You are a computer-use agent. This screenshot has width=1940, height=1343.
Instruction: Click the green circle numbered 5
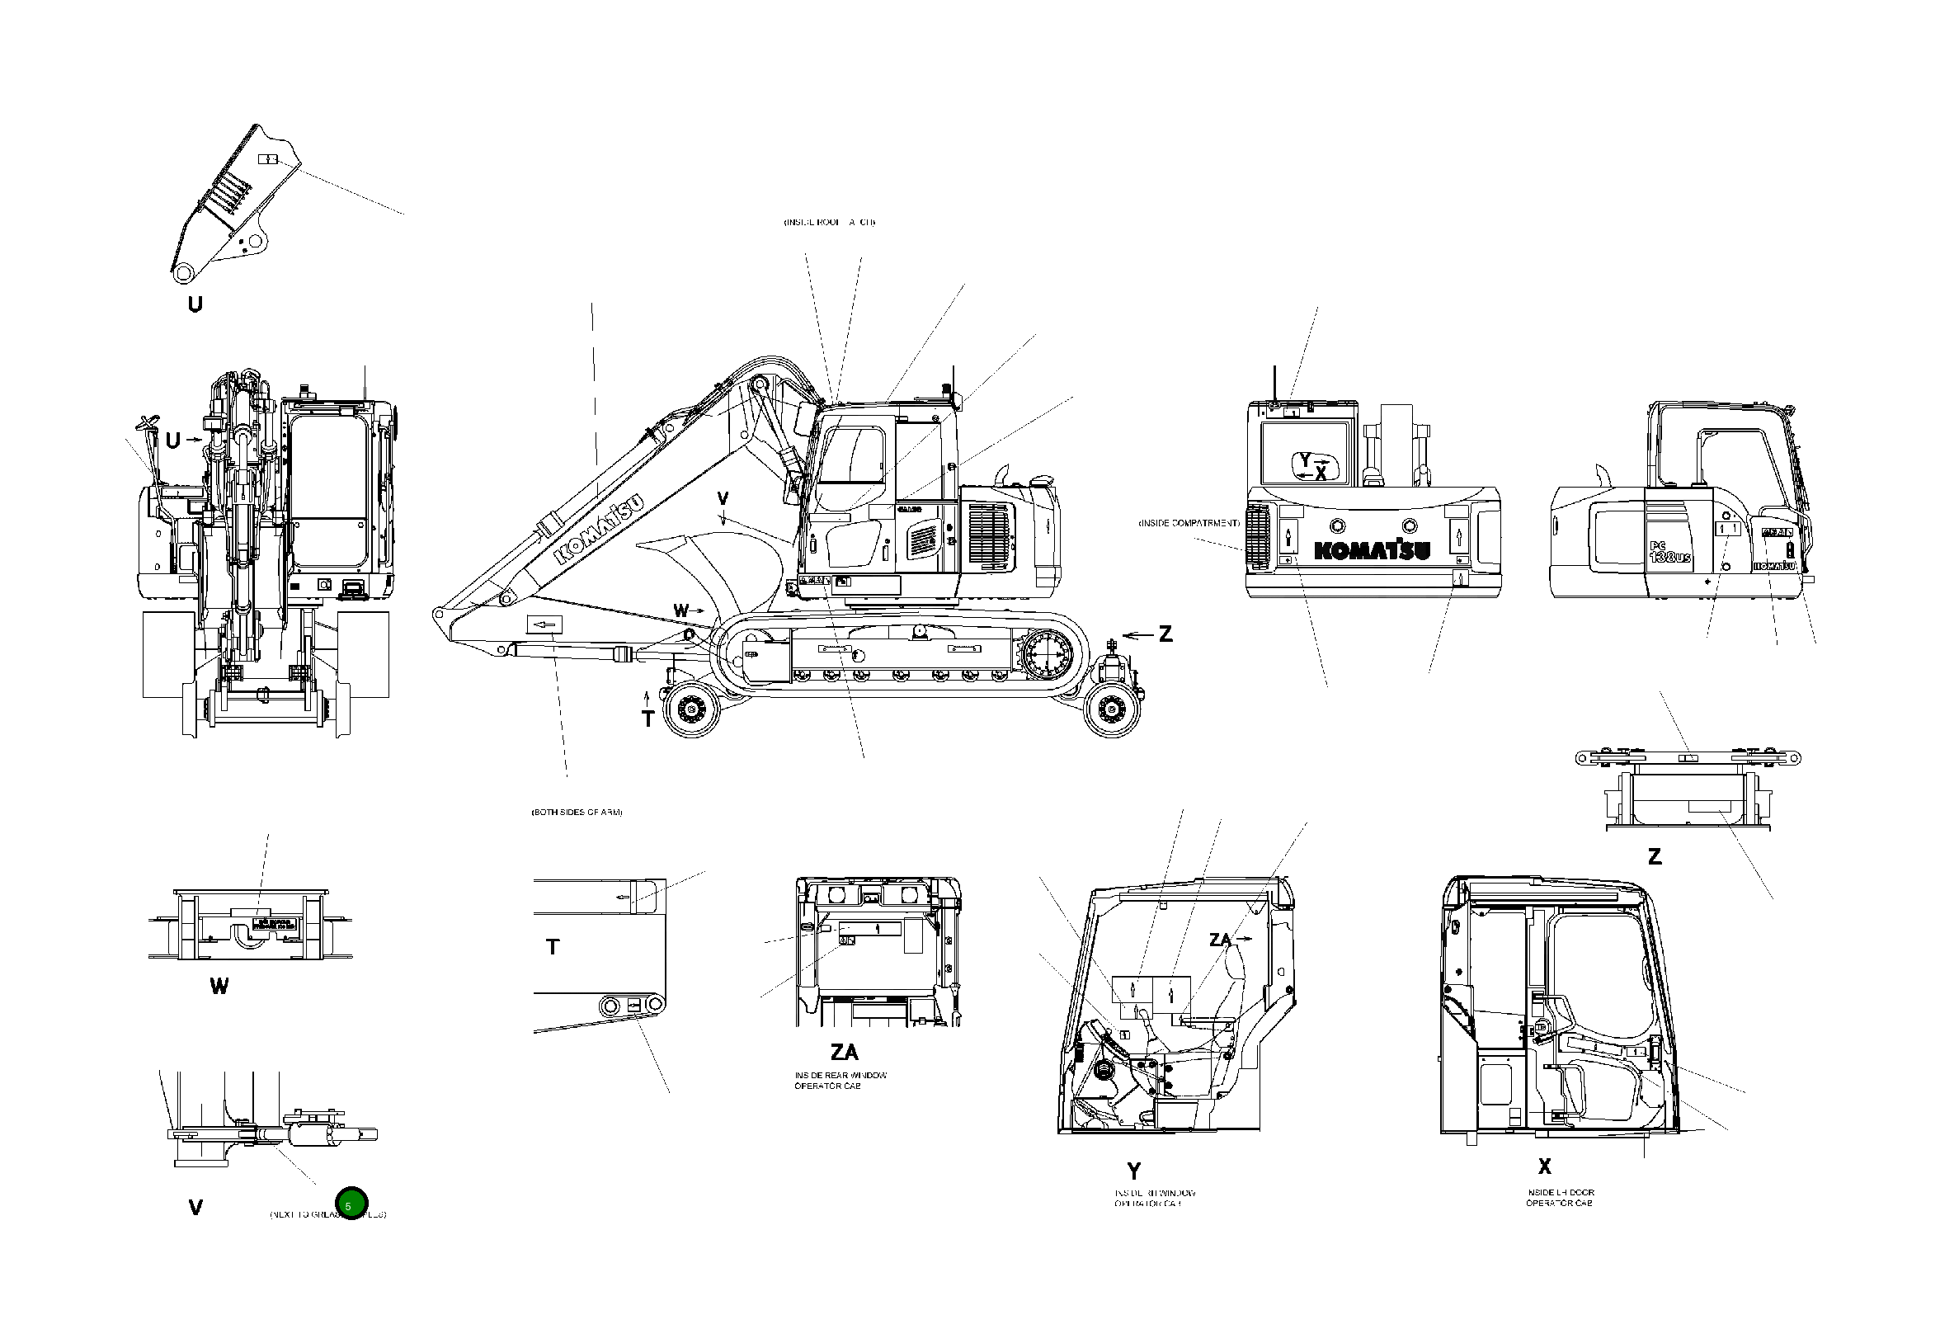pyautogui.click(x=351, y=1205)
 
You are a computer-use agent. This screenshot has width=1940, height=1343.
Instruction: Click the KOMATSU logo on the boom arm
pyautogui.click(x=600, y=528)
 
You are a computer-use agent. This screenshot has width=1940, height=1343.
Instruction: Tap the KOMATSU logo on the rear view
pyautogui.click(x=1372, y=550)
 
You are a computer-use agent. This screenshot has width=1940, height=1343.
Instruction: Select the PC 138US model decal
pyautogui.click(x=1669, y=553)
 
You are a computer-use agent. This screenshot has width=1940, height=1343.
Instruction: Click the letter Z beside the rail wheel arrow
pyautogui.click(x=1165, y=634)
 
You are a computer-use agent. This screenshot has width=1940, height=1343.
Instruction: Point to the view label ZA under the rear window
pyautogui.click(x=844, y=1052)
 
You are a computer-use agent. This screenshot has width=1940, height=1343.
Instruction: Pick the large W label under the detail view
pyautogui.click(x=219, y=986)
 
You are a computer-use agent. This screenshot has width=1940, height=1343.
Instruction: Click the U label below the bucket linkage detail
pyautogui.click(x=195, y=304)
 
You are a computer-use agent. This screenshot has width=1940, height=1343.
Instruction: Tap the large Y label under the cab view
pyautogui.click(x=1133, y=1171)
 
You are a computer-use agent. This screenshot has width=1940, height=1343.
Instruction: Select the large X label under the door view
pyautogui.click(x=1544, y=1166)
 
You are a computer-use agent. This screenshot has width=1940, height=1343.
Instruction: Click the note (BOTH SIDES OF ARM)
pyautogui.click(x=577, y=812)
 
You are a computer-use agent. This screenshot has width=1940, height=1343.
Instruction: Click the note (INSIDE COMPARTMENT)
pyautogui.click(x=1189, y=523)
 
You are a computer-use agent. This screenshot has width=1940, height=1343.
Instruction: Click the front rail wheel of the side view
pyautogui.click(x=691, y=710)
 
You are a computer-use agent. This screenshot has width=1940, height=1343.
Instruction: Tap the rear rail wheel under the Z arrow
pyautogui.click(x=1112, y=710)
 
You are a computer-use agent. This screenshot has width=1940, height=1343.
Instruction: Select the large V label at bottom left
pyautogui.click(x=195, y=1208)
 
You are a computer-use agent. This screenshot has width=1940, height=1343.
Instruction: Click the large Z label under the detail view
pyautogui.click(x=1654, y=856)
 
